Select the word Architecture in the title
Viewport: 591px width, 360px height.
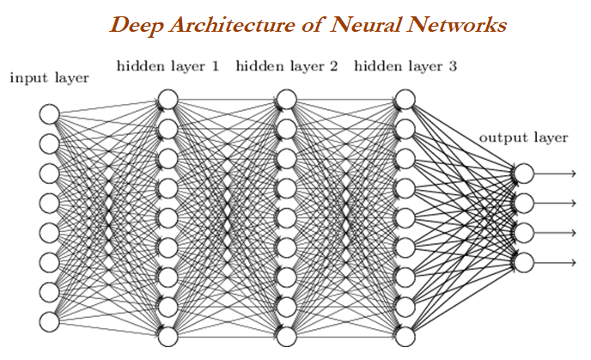point(232,25)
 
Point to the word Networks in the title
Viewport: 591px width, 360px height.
point(456,25)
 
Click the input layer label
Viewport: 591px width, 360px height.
point(49,78)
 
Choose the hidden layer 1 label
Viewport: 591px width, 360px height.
point(168,66)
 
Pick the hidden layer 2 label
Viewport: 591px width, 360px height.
point(286,66)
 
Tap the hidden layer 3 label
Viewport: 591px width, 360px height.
point(405,66)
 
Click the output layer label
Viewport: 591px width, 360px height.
point(523,137)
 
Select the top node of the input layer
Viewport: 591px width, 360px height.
point(49,114)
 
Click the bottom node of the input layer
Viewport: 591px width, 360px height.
point(49,322)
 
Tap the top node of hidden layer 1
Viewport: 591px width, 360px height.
point(168,100)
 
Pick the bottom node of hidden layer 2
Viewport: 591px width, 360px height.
point(286,337)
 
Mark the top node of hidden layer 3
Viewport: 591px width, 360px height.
point(405,100)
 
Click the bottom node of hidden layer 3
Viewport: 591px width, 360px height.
point(405,337)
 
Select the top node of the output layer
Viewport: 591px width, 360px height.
point(524,174)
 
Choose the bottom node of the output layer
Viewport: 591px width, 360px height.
point(524,262)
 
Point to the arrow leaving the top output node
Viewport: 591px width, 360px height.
point(555,174)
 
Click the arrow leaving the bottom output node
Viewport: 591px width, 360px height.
point(555,262)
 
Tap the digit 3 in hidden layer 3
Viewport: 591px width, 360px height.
point(453,66)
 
